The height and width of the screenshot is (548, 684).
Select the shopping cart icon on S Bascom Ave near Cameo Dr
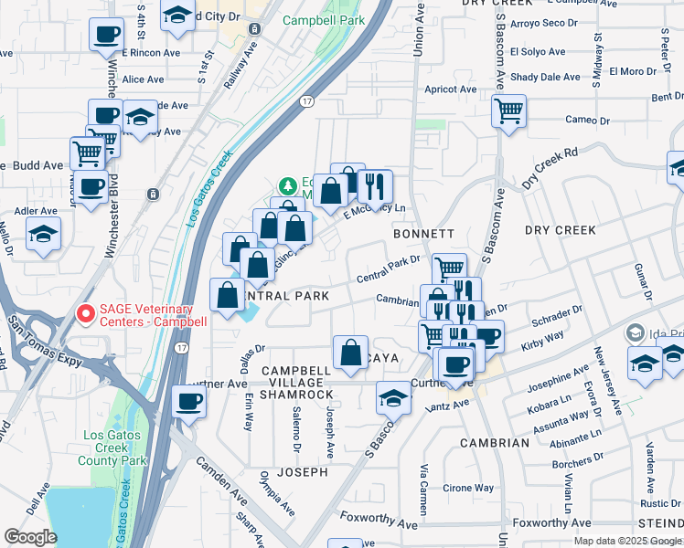[x=508, y=111]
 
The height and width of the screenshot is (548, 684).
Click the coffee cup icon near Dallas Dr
[x=189, y=400]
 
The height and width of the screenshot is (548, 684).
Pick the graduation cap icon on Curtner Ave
[x=394, y=397]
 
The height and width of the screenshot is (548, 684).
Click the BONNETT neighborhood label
[x=423, y=235]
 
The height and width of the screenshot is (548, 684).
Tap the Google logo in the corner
[x=30, y=537]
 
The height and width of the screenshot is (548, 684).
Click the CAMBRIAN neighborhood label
[x=495, y=443]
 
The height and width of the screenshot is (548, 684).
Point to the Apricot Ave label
[x=451, y=90]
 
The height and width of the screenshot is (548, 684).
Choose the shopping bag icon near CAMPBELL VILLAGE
[x=351, y=352]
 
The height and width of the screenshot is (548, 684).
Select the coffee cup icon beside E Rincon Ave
[x=106, y=35]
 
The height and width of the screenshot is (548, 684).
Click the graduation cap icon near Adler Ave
[x=43, y=234]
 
